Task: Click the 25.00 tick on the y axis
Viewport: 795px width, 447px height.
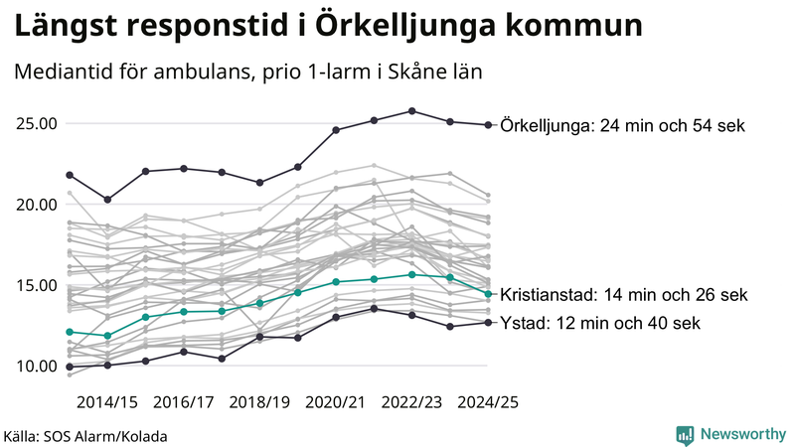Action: (36, 124)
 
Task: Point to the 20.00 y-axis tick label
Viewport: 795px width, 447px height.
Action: (36, 205)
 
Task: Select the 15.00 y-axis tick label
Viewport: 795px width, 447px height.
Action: (36, 285)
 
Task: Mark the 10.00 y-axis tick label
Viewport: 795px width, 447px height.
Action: (36, 366)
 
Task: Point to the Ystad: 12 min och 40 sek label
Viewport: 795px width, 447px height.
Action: (600, 323)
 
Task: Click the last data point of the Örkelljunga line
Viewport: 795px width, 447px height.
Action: (488, 125)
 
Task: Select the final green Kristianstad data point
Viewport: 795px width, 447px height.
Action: (488, 294)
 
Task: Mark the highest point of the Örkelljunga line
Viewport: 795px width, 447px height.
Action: (412, 111)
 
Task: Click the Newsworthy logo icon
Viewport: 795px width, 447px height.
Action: (685, 434)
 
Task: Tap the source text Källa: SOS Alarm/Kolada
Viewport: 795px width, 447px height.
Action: (86, 435)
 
